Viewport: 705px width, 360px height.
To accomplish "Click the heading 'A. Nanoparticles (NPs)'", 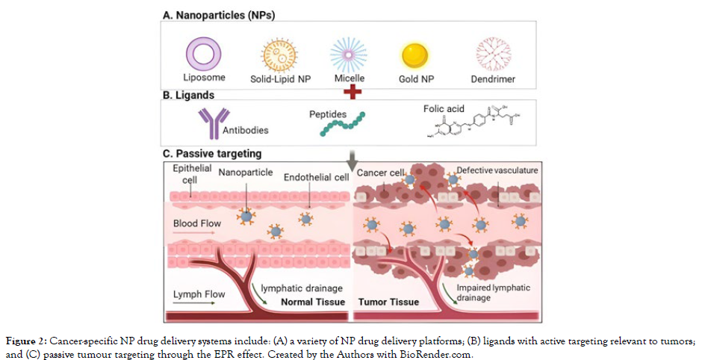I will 216,14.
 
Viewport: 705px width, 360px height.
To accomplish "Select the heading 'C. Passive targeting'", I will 211,154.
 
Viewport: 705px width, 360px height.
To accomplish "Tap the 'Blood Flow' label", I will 196,222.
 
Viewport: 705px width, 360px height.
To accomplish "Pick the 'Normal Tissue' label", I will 312,302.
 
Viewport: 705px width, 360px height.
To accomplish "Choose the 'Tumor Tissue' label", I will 388,302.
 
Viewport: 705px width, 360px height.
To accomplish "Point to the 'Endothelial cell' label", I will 315,177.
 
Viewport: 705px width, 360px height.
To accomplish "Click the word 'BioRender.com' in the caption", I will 442,355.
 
